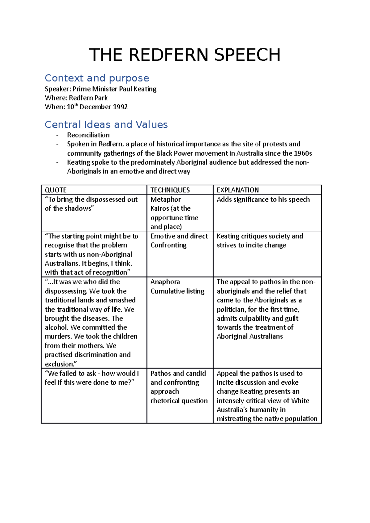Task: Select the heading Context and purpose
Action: click(97, 78)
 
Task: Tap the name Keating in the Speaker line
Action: click(145, 89)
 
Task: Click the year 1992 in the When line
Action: click(120, 107)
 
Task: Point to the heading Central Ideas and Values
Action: click(106, 124)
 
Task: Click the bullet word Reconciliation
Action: click(88, 135)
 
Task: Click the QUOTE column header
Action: click(55, 190)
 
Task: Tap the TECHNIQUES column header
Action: click(170, 190)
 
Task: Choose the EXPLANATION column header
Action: click(237, 190)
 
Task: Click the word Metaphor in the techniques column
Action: click(166, 200)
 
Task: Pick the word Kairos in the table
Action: click(159, 209)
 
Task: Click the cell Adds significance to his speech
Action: click(263, 200)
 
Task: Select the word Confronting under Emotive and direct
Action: click(168, 245)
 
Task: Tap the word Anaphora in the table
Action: click(165, 282)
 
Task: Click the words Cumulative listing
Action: click(177, 291)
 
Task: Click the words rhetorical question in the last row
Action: click(179, 401)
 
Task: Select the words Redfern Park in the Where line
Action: click(88, 98)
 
